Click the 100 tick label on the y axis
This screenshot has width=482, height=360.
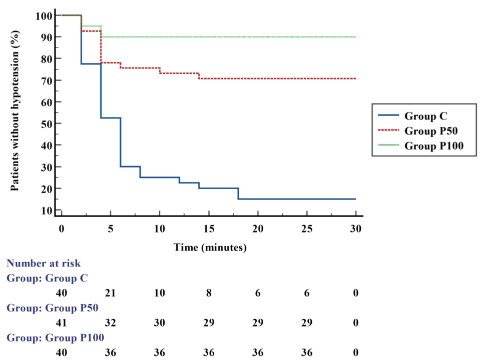pyautogui.click(x=43, y=15)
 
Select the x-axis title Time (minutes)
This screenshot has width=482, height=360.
pyautogui.click(x=210, y=247)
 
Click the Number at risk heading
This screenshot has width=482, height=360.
pyautogui.click(x=44, y=263)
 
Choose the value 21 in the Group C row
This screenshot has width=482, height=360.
pyautogui.click(x=110, y=293)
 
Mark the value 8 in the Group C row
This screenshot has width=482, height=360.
pyautogui.click(x=208, y=293)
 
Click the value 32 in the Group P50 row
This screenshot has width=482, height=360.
pyautogui.click(x=110, y=323)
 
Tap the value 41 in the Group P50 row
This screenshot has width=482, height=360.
pyautogui.click(x=61, y=323)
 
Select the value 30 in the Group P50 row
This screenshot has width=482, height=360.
pyautogui.click(x=159, y=323)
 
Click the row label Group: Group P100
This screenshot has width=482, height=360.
pyautogui.click(x=55, y=338)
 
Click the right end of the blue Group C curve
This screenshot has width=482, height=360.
pyautogui.click(x=355, y=199)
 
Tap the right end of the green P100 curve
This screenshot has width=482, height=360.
pyautogui.click(x=355, y=36)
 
